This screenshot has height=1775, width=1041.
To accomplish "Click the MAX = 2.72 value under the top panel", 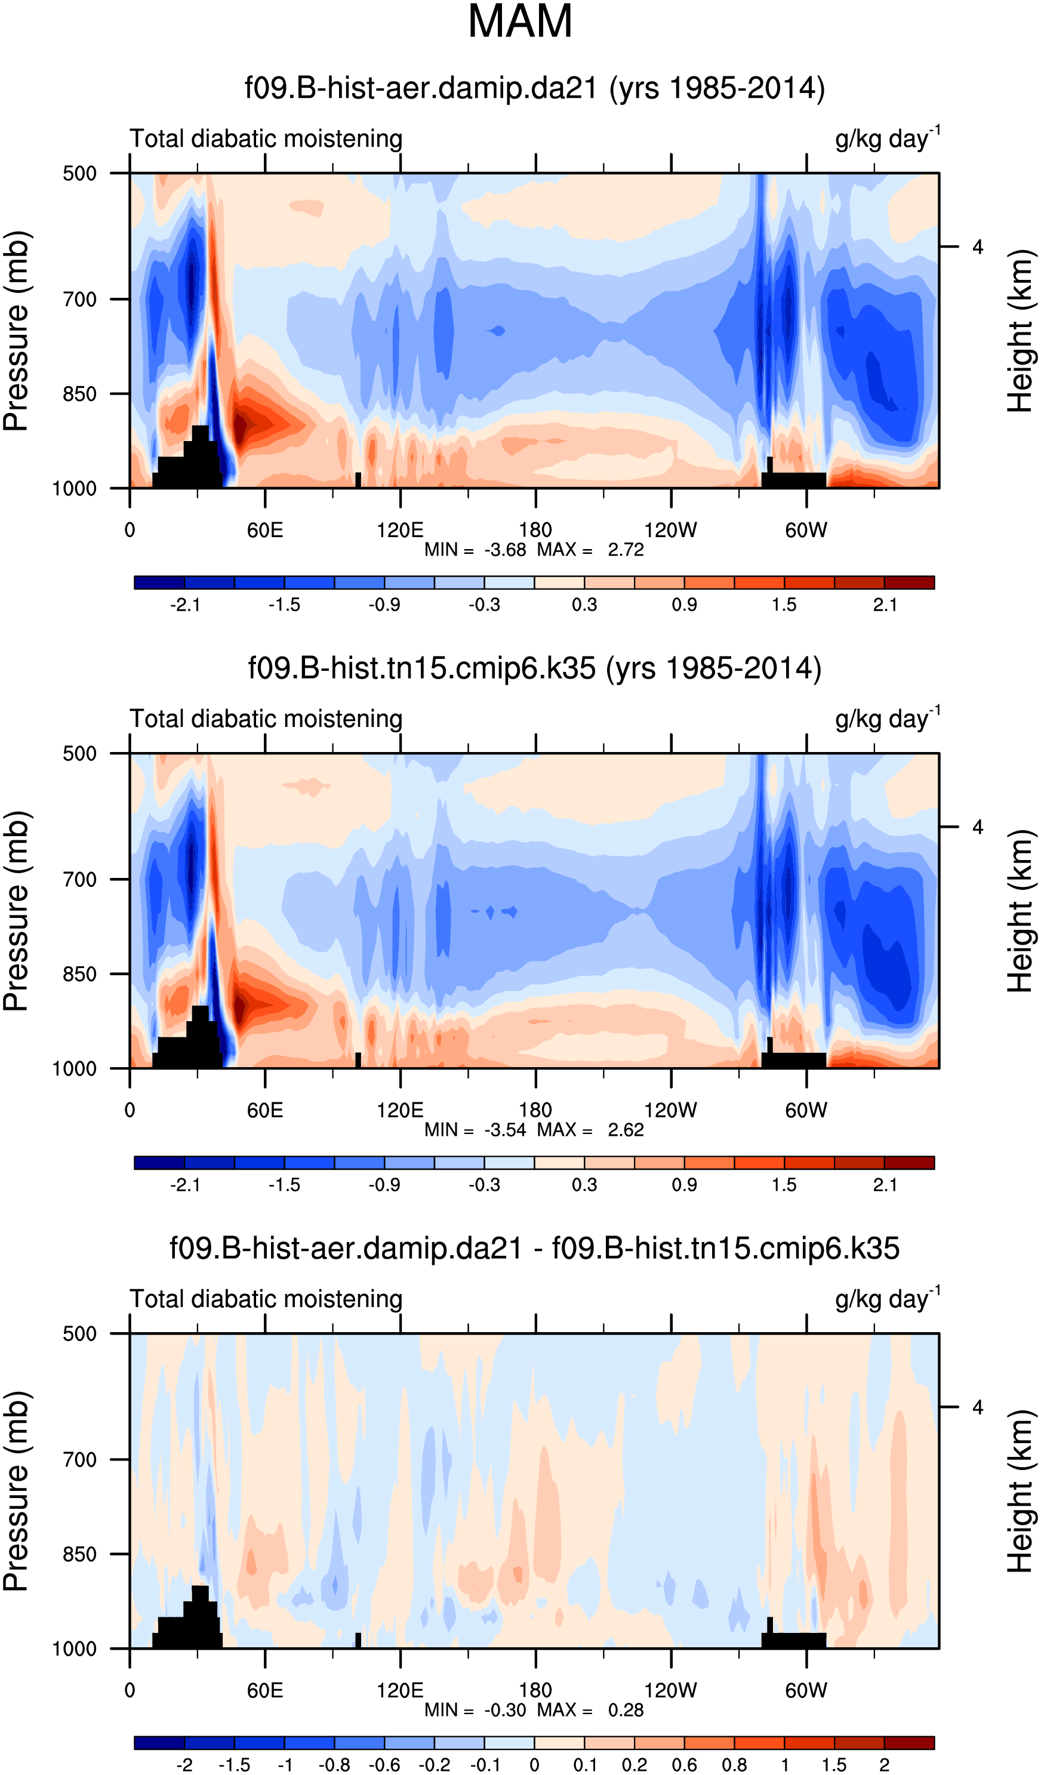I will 590,550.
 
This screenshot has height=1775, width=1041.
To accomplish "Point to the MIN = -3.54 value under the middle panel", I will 475,1130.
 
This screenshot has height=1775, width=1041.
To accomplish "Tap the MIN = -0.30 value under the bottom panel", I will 475,1709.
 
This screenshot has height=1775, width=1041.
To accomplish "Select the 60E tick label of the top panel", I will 265,531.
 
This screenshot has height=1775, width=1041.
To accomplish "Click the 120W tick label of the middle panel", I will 670,1111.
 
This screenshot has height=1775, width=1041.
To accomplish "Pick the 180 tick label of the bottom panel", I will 535,1690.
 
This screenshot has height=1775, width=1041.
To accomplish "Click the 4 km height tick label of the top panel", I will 978,247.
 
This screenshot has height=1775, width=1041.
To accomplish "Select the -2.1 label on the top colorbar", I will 184,605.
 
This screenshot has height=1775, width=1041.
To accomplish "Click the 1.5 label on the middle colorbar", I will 784,1185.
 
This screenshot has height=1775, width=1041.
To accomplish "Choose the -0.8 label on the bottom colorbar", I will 334,1764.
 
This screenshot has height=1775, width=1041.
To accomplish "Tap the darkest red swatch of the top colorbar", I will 908,583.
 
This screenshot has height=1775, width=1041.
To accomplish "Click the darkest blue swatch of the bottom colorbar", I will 159,1743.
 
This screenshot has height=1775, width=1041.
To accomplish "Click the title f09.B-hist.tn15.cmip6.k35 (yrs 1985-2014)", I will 535,668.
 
